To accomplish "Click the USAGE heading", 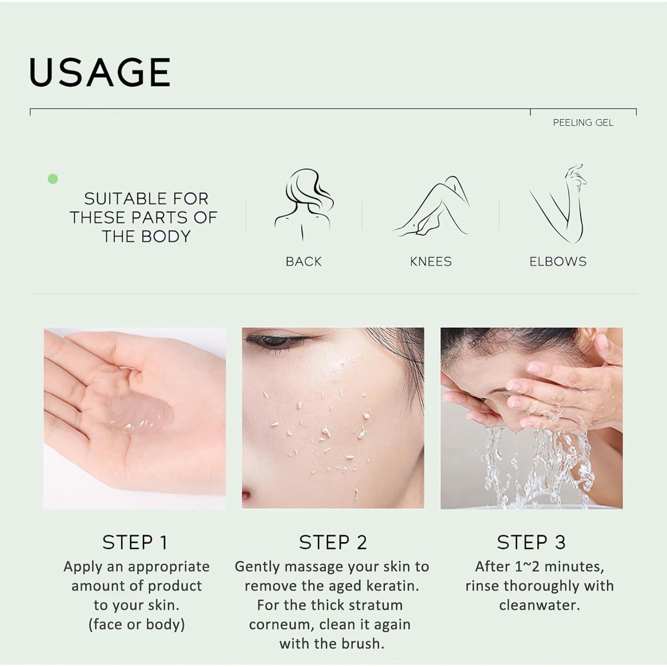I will point(100,72).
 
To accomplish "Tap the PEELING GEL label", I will point(583,123).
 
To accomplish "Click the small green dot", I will point(53,179).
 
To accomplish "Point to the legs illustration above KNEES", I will point(430,207).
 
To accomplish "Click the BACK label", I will point(303,261).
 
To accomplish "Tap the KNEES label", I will point(430,261).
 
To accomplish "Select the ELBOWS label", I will point(558,261).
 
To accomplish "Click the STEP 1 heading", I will point(135,542).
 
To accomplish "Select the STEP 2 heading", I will point(333,542).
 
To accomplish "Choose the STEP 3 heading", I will point(531,542).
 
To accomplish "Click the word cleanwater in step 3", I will point(539,605).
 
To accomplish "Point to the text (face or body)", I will point(137,624).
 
